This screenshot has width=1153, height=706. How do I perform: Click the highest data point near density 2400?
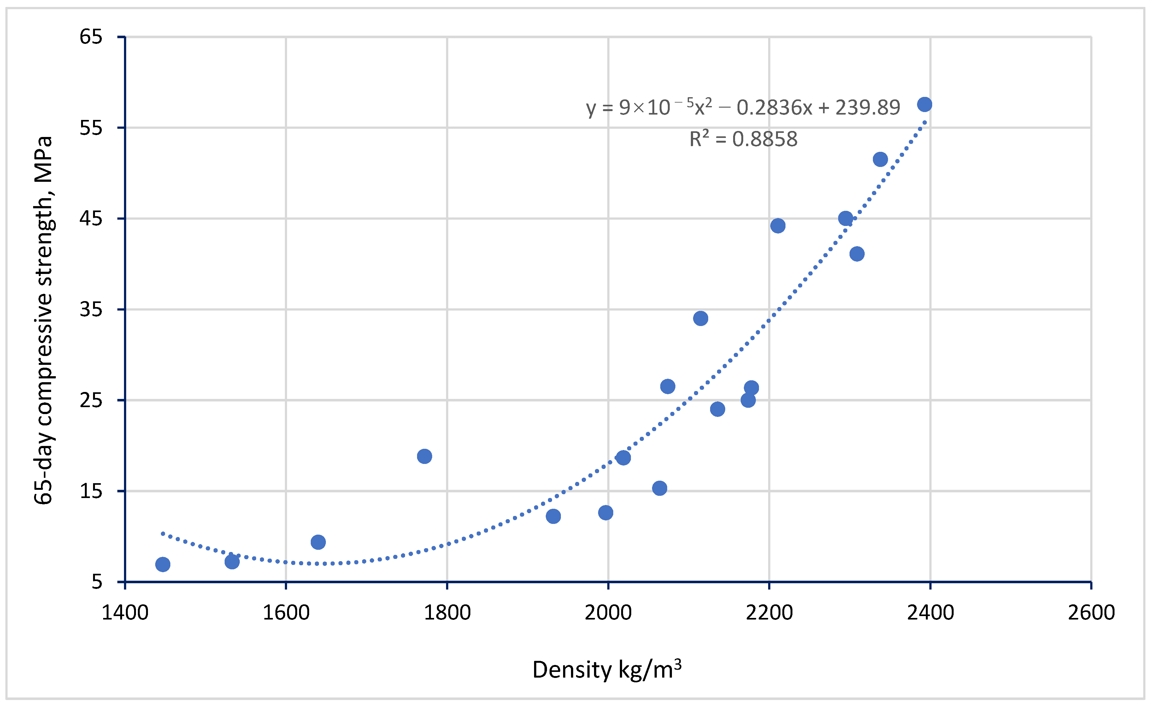coord(925,104)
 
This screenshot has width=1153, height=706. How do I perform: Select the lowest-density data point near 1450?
coord(162,565)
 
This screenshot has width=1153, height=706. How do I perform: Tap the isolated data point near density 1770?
coord(424,456)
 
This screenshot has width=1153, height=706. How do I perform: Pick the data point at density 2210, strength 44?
coord(778,226)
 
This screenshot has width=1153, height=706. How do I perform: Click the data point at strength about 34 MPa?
coord(701,318)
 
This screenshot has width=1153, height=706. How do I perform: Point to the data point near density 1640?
coord(318,542)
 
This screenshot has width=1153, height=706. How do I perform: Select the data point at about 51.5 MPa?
coord(880,159)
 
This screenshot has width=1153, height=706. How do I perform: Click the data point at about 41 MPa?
coord(857,254)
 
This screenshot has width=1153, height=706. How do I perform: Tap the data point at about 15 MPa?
coord(660,488)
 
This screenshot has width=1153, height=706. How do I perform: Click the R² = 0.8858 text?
coord(743,139)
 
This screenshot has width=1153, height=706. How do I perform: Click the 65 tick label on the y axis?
coord(91,37)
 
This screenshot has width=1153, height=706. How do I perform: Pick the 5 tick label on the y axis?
coord(97,582)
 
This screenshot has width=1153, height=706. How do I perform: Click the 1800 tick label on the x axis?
coord(447,612)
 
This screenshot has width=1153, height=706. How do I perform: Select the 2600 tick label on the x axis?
coord(1091,612)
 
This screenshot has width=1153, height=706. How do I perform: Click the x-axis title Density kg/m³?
coord(607,669)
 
